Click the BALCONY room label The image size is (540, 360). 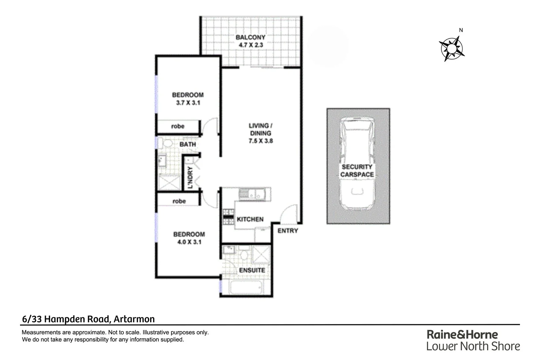click(250, 37)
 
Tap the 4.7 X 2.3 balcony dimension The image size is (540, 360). click(250, 45)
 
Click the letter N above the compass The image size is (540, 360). click(461, 30)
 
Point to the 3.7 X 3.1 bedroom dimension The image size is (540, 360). click(188, 103)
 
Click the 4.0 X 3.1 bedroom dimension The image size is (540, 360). click(189, 242)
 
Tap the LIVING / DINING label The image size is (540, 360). click(261, 129)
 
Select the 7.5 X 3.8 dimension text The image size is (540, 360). click(261, 141)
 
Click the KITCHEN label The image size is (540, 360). click(250, 219)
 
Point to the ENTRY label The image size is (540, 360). click(288, 231)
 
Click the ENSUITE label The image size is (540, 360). click(252, 270)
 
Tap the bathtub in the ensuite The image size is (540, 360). click(246, 288)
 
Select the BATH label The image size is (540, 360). click(188, 145)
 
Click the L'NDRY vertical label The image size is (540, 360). click(190, 177)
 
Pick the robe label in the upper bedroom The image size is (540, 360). click(178, 126)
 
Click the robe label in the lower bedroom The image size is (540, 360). click(179, 201)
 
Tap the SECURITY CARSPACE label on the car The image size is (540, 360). click(357, 171)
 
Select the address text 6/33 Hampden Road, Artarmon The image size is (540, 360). click(88, 319)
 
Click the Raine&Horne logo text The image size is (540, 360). click(462, 334)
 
